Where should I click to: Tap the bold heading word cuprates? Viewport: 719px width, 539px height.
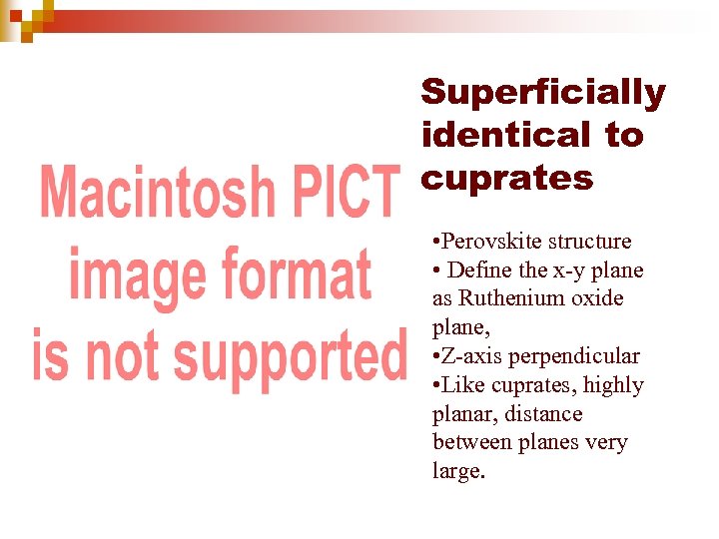click(x=507, y=179)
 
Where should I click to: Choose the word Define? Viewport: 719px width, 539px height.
click(x=476, y=270)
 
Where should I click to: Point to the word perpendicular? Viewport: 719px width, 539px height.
click(x=578, y=356)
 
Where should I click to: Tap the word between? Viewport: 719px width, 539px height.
click(x=469, y=442)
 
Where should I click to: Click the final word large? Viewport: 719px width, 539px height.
click(x=457, y=471)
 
